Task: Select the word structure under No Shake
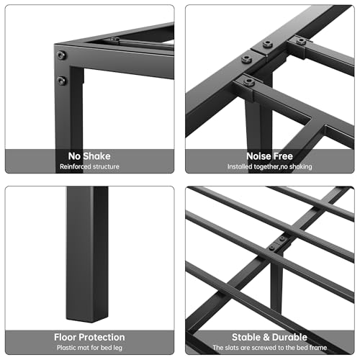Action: [x=108, y=168]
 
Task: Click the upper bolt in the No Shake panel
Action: [x=61, y=55]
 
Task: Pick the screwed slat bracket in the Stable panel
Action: [x=279, y=243]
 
